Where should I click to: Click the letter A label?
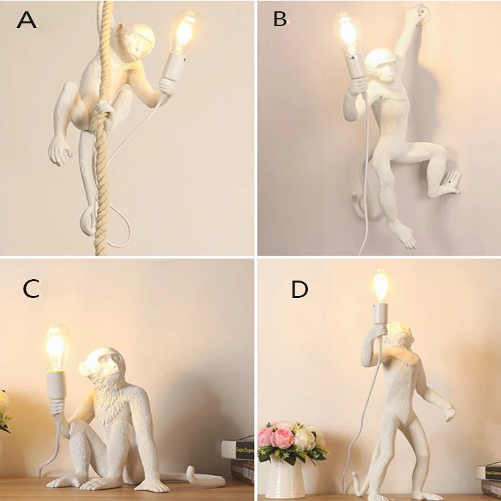(x=27, y=19)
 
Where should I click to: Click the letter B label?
(x=280, y=19)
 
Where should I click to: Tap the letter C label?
(x=31, y=289)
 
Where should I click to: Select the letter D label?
(x=300, y=289)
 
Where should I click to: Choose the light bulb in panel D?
(x=380, y=287)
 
